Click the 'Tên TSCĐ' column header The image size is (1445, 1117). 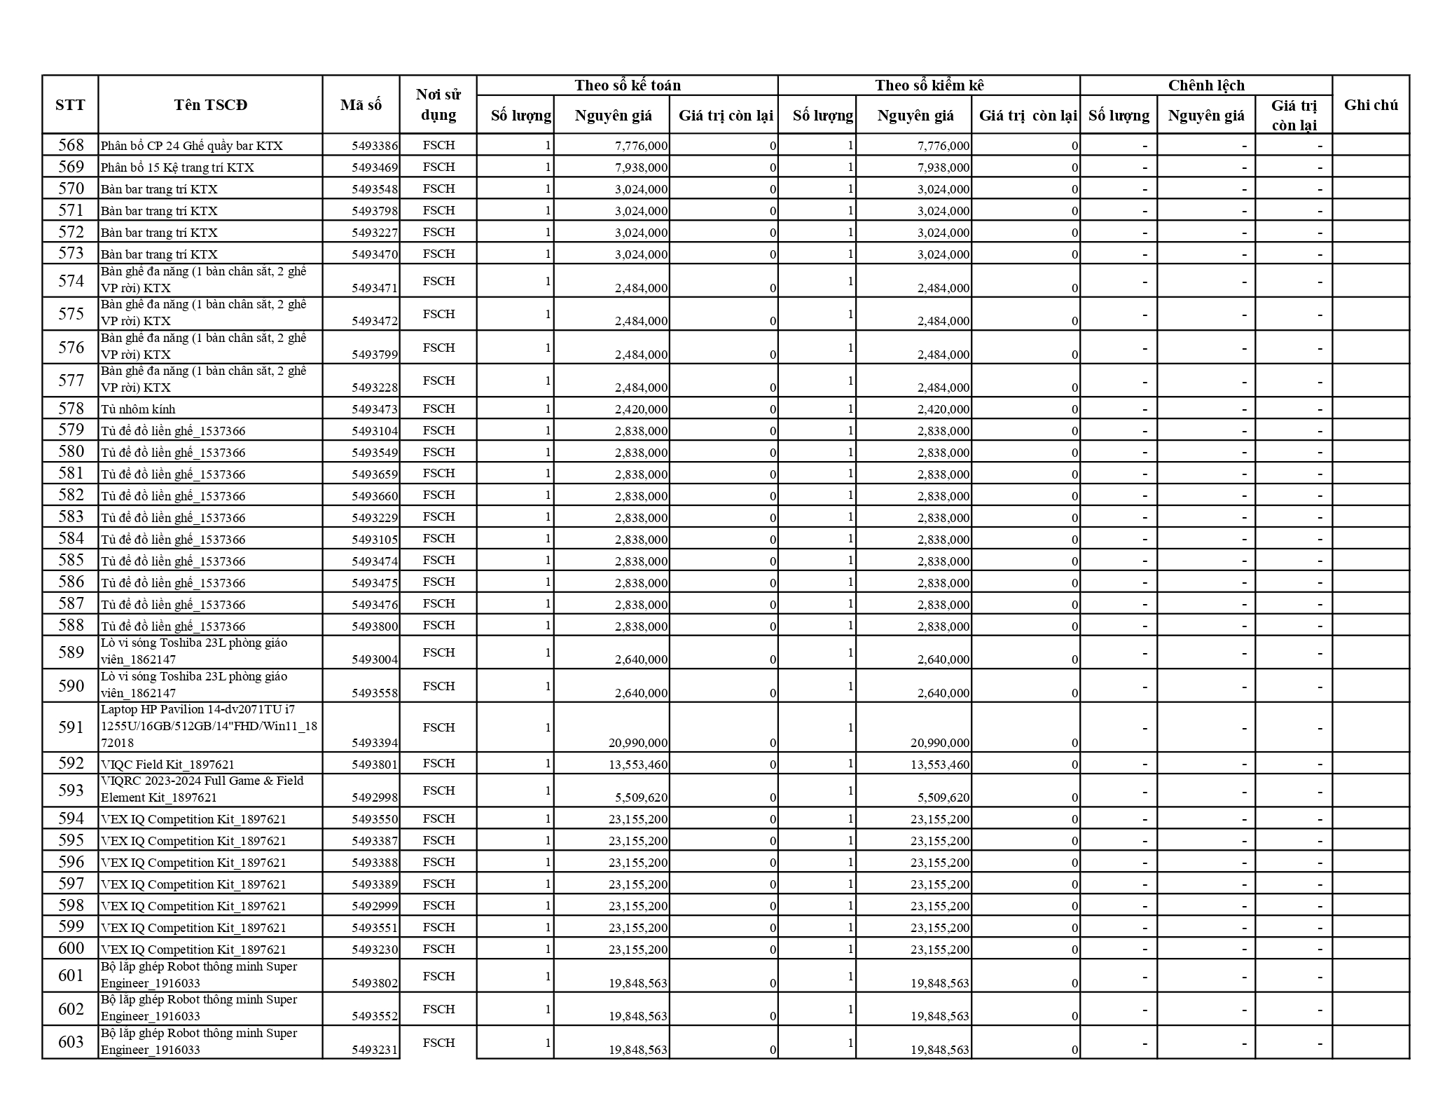coord(210,105)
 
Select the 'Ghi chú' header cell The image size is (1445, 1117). coord(1370,105)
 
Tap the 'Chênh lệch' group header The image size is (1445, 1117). coord(1205,85)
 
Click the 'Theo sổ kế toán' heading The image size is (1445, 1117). coord(627,85)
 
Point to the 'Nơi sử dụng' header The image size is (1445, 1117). coord(438,105)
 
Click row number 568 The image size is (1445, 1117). coord(71,145)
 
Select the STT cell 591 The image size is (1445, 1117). coord(71,727)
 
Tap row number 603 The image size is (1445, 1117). coord(71,1042)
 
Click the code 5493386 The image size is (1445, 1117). coord(374,146)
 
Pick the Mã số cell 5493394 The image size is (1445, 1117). coord(374,743)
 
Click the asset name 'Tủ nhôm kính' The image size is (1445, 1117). coord(138,409)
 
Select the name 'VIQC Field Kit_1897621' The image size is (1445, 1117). coord(167,765)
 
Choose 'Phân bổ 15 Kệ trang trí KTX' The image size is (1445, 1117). coord(177,167)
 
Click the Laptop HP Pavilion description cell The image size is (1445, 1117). coord(209,726)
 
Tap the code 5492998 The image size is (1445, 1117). coord(374,797)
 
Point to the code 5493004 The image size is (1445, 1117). coord(374,659)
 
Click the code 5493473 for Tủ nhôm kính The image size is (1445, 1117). coord(374,409)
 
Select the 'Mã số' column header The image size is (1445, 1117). coord(361,105)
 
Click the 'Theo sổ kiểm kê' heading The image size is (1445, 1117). coord(929,85)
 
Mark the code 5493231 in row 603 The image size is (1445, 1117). coord(374,1050)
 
